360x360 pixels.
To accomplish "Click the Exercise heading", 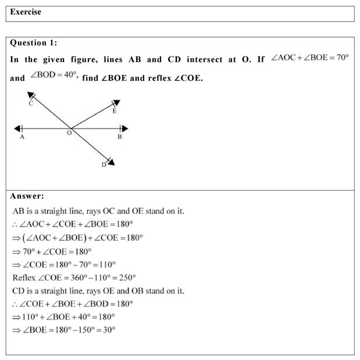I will click(26, 12).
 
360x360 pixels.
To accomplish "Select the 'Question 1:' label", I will click(34, 42).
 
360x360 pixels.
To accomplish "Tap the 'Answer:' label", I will click(27, 196).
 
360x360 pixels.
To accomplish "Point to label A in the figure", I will click(22, 137).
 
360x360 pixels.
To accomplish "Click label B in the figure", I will click(119, 137).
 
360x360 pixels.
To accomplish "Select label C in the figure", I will click(30, 104).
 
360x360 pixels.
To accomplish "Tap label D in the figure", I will click(104, 165).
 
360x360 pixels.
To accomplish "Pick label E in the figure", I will click(114, 112).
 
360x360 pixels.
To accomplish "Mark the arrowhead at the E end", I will click(116, 104).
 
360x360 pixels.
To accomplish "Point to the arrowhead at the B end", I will click(123, 129).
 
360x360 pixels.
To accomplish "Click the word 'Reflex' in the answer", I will click(23, 277).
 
